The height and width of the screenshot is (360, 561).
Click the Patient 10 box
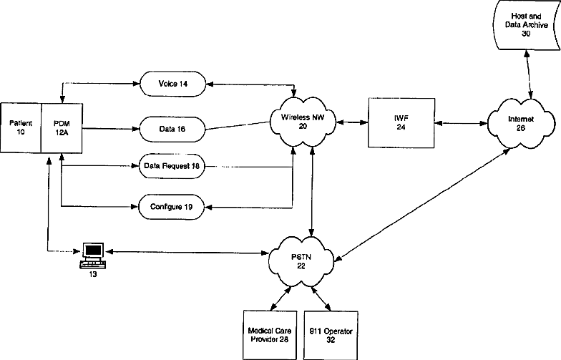click(21, 127)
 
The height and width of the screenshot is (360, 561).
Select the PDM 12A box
click(62, 128)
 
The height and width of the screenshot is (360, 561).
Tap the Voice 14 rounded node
click(173, 84)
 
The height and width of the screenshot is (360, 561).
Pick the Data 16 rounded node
click(172, 129)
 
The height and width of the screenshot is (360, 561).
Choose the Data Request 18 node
click(172, 166)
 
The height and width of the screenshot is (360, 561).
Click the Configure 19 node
click(172, 207)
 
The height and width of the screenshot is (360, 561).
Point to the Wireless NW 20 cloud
click(303, 122)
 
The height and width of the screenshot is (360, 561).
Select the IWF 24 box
click(401, 123)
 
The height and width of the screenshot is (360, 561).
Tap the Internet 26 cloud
click(521, 123)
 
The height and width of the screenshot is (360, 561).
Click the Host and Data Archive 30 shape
click(527, 25)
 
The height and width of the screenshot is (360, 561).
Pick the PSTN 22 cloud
click(301, 262)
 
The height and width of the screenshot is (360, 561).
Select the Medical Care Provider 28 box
click(270, 335)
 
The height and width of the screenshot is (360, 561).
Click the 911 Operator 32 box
click(331, 335)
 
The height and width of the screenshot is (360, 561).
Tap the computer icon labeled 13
click(93, 255)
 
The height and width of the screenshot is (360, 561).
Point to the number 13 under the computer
click(93, 275)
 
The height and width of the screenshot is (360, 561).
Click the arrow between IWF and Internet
click(461, 123)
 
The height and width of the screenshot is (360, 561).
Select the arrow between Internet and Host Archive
click(528, 74)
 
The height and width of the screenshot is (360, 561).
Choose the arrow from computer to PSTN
click(187, 252)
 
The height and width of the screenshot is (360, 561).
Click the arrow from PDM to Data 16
click(111, 129)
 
